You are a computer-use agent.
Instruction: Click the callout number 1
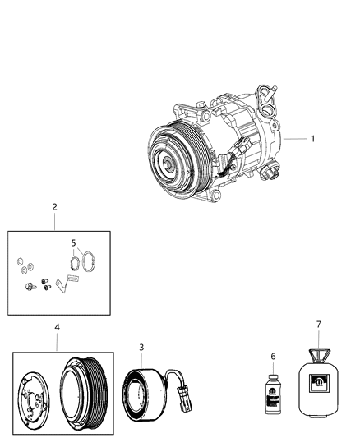312,139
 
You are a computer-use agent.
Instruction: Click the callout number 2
54,207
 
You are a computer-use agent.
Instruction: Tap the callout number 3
141,348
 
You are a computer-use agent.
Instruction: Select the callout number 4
58,327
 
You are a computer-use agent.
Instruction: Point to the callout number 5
73,243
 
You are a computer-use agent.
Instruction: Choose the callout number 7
318,325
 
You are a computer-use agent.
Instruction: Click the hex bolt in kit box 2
30,287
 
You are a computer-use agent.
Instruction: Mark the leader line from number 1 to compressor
294,140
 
